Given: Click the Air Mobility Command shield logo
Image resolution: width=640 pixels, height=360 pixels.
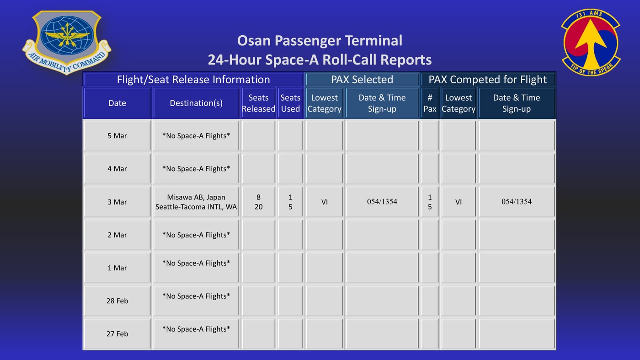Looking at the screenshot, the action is (67, 43).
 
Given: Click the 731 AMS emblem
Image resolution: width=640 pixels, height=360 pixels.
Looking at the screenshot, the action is (591, 43).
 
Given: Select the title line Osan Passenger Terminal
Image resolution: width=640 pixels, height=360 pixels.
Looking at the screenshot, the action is (320, 41).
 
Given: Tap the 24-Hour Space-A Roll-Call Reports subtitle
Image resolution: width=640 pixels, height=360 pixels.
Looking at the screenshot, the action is (320, 60).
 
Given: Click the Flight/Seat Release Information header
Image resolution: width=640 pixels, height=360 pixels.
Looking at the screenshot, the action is (193, 80).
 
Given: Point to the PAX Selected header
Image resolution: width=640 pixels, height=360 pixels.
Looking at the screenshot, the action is (362, 80).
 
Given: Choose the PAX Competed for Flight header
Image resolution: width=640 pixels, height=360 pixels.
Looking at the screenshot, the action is (488, 80).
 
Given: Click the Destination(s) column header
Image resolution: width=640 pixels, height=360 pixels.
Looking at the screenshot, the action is (196, 103).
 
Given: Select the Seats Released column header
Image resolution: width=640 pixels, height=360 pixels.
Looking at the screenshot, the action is (258, 103).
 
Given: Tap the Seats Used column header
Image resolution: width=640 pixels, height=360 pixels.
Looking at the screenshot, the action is (290, 103).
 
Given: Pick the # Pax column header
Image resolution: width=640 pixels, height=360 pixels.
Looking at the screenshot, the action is (430, 103).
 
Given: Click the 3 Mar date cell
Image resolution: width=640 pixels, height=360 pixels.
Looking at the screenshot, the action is (117, 202).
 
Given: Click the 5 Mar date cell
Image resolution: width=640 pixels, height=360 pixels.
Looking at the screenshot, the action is (117, 136).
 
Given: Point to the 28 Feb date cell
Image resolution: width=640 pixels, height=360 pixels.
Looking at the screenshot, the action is (117, 301).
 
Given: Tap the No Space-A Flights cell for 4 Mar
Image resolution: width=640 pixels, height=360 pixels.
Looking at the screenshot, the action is (196, 169).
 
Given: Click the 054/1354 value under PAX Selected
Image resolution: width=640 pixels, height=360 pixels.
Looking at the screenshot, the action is (382, 202).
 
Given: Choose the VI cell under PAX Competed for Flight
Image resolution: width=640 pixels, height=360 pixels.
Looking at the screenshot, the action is (458, 202).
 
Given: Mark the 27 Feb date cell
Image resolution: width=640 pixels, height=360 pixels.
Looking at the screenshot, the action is (117, 333).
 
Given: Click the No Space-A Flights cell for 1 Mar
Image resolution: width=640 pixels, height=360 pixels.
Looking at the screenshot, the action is (196, 268).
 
